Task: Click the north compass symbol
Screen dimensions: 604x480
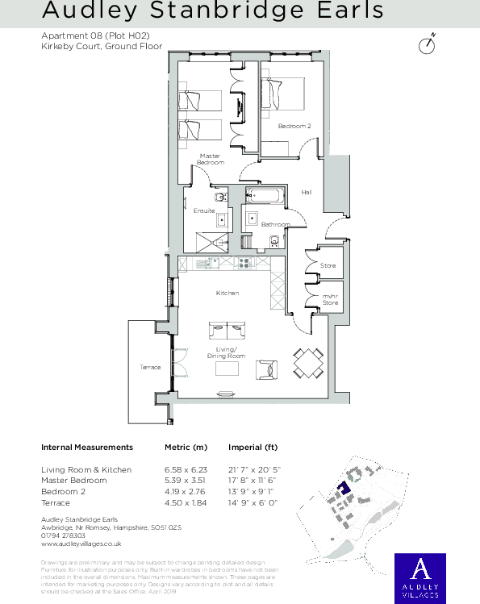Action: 428,45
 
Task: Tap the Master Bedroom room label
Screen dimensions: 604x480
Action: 210,159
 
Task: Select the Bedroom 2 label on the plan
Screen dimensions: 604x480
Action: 294,126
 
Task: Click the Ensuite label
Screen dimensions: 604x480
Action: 204,210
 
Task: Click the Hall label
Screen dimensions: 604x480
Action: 307,192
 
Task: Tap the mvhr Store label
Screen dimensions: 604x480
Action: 330,299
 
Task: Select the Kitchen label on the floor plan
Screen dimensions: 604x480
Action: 227,293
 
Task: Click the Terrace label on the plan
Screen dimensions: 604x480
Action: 150,367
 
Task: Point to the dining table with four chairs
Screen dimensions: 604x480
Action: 308,364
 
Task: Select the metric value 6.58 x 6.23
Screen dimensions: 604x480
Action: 186,469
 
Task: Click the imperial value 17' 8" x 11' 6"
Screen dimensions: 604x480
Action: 254,481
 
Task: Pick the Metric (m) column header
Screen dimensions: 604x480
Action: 186,447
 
